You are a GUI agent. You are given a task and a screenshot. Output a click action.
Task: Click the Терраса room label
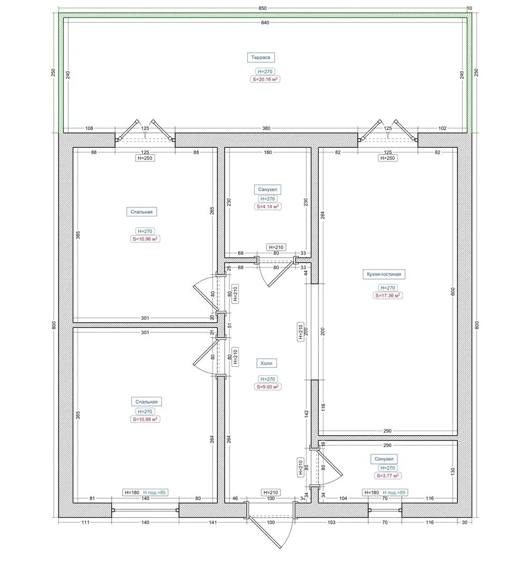click(261, 58)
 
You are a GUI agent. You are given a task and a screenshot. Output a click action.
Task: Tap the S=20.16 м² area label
click(265, 79)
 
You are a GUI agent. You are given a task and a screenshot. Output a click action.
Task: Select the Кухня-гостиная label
click(384, 274)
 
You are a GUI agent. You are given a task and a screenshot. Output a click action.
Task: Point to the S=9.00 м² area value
click(267, 387)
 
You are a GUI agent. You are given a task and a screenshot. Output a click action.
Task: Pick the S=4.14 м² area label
click(268, 206)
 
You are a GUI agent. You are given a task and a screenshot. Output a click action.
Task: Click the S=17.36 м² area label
click(388, 296)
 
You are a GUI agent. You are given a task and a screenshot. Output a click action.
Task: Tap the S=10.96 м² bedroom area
click(145, 239)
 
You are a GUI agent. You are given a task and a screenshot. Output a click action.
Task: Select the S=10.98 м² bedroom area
click(145, 419)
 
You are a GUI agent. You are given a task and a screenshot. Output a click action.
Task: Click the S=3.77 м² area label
click(388, 476)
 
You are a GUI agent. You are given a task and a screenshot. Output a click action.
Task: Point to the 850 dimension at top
click(263, 8)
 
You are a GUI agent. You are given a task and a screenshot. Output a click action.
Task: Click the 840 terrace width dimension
click(265, 23)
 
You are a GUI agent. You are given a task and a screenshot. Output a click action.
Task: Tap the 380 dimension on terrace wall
click(266, 128)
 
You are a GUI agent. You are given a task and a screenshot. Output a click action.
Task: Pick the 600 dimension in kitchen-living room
click(453, 291)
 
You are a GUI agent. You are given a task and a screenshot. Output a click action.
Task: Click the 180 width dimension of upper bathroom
click(268, 153)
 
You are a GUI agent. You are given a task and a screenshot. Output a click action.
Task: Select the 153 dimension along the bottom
click(331, 522)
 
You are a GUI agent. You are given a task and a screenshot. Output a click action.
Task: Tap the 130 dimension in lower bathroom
click(453, 471)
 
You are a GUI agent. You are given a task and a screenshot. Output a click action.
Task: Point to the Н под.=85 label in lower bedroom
click(155, 492)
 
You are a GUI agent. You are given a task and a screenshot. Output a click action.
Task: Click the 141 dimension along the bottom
click(213, 522)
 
